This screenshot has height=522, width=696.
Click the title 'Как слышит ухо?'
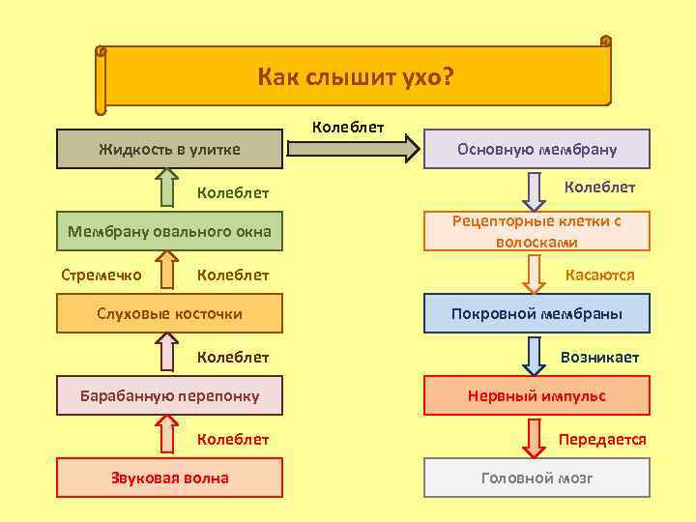(x=355, y=76)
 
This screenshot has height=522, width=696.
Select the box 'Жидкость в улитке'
(x=169, y=149)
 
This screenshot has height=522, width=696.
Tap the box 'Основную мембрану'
(x=536, y=149)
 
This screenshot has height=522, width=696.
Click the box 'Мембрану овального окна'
(x=169, y=231)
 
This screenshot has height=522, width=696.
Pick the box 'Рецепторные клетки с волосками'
(x=536, y=231)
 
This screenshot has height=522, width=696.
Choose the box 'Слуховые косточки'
(x=169, y=313)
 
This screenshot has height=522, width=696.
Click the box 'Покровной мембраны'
(x=536, y=313)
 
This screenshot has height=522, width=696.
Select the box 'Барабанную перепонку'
(x=169, y=395)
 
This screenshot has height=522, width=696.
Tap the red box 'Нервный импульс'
(x=536, y=395)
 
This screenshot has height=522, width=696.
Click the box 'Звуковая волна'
(x=169, y=478)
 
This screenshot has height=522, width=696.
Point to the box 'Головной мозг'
(x=536, y=478)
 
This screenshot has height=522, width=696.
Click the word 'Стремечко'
(x=101, y=275)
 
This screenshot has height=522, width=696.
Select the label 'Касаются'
(x=599, y=275)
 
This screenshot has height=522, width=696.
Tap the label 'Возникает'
(x=599, y=357)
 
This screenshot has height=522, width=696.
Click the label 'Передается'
(x=602, y=439)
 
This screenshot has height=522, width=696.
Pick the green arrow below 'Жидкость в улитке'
(x=167, y=188)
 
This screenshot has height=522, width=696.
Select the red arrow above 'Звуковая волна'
(x=167, y=436)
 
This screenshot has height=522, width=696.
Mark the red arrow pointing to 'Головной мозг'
(x=533, y=437)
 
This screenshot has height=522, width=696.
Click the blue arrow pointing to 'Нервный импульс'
(x=533, y=355)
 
